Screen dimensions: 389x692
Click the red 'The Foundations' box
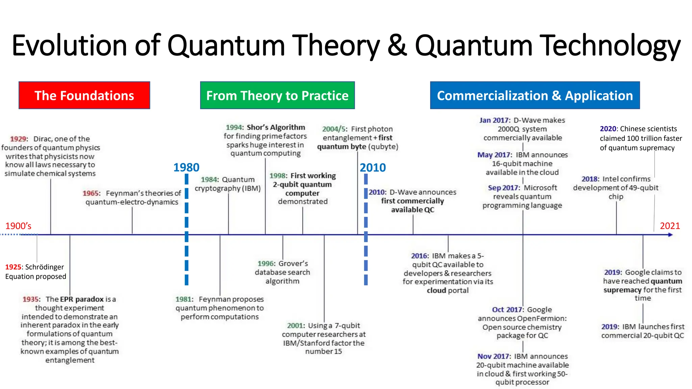tap(84, 95)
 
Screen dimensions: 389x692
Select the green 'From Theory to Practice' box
tap(277, 95)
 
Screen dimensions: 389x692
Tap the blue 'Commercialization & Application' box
tap(535, 95)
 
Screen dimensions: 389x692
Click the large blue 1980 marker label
tap(186, 167)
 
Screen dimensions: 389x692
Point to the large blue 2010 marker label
tap(372, 167)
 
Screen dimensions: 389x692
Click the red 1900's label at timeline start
tap(18, 226)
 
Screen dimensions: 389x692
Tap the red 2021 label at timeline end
tap(670, 226)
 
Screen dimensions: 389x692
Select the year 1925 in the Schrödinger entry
tap(13, 267)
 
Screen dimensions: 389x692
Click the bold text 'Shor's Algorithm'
tap(276, 127)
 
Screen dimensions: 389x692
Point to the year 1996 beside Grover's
tap(266, 263)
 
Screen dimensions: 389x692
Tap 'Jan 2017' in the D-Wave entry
tap(494, 120)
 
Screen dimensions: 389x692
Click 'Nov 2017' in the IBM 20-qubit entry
tap(493, 356)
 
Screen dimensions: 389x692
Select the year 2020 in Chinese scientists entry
tap(608, 129)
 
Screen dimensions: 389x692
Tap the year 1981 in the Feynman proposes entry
tap(183, 299)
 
